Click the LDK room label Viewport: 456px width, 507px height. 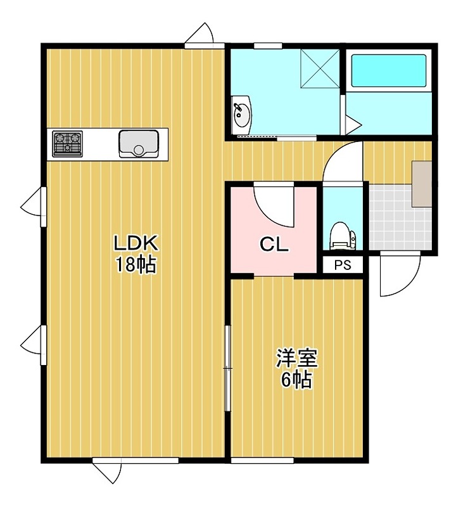point(136,243)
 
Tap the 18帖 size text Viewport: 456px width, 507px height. point(136,265)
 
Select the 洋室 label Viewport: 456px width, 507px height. point(297,359)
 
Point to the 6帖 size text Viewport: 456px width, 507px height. point(296,380)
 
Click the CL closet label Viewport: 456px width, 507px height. point(274,245)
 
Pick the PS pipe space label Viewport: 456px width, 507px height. point(343,265)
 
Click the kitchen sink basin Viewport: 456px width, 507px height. point(139,144)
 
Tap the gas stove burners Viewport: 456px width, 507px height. point(68,143)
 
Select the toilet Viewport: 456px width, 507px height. point(342,236)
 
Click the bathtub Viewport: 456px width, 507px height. point(388,70)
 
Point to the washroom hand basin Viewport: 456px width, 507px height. point(242,115)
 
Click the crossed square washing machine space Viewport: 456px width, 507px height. point(320,68)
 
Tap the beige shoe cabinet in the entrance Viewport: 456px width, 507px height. point(422,184)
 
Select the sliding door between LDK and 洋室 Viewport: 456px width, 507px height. point(228,368)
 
